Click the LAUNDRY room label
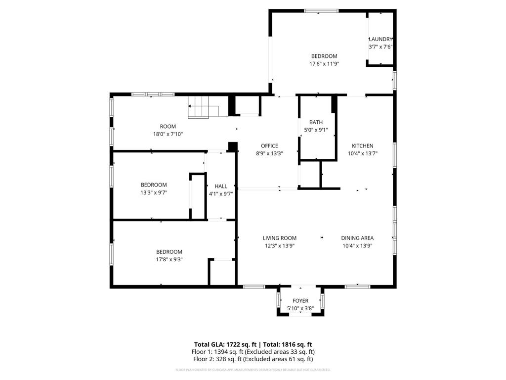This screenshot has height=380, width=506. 380,40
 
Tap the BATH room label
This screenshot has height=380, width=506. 316,122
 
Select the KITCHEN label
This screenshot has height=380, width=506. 362,146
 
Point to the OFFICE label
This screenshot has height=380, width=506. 269,146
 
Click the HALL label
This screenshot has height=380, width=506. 221,187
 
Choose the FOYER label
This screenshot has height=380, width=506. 300,301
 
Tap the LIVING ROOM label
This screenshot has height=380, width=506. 279,238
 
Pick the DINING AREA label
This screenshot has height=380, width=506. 357,238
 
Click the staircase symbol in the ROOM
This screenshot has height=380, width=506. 203,108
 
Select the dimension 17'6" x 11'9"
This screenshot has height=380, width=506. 324,64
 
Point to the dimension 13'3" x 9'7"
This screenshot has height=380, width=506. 154,192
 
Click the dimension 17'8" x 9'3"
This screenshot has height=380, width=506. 169,259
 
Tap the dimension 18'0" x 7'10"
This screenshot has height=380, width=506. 168,134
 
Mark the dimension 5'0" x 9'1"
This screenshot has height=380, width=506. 316,130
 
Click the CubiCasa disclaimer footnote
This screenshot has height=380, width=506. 253,370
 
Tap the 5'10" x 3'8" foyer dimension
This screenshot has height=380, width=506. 300,309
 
